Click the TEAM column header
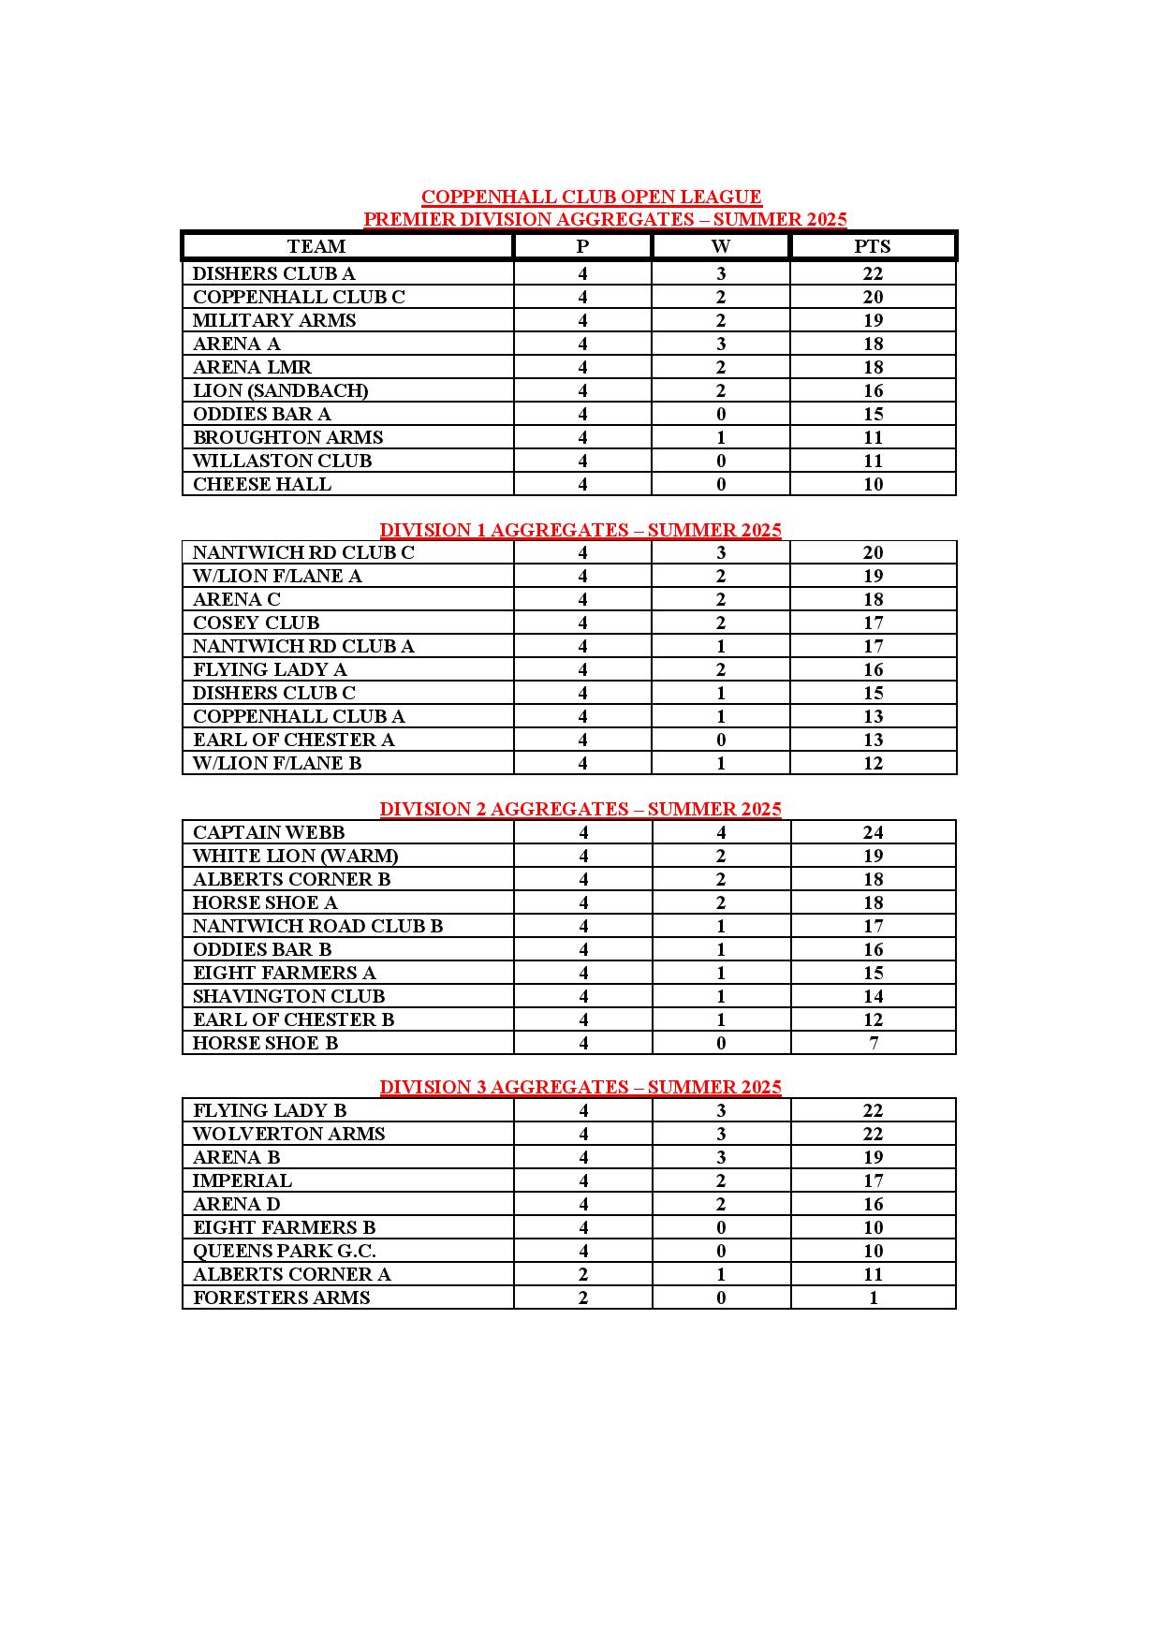pos(316,246)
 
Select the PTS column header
pos(873,246)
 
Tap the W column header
pos(720,246)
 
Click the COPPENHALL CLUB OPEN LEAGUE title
pos(591,197)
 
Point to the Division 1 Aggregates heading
pos(580,530)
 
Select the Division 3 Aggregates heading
pos(580,1087)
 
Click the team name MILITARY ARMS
pos(274,320)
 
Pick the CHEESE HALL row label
pos(262,484)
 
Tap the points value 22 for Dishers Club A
pos(873,273)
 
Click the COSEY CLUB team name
pos(256,623)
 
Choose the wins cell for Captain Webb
pos(721,832)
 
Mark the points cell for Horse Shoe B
pos(874,1043)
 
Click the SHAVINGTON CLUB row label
pos(288,996)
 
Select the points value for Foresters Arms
pos(874,1297)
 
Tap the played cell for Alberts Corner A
pos(583,1274)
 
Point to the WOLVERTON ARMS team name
pos(288,1134)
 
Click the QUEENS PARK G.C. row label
pos(285,1251)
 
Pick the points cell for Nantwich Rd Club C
pos(873,552)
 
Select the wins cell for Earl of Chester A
pos(721,740)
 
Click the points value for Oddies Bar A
pos(873,414)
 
